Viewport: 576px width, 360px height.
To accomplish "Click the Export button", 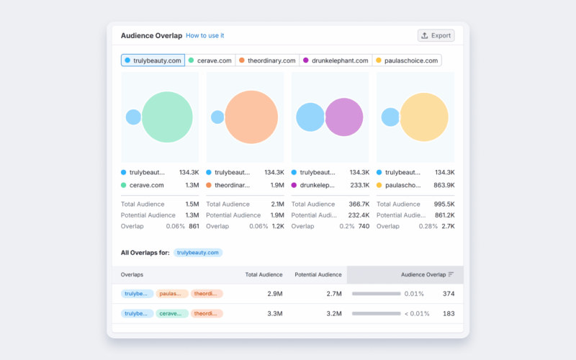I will tap(436, 35).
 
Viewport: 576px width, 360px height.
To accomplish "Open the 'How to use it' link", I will tap(204, 35).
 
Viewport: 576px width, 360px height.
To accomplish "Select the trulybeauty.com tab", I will tap(153, 60).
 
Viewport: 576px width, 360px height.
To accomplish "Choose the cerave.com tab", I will tap(210, 60).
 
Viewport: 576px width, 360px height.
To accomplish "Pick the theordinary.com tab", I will tap(267, 60).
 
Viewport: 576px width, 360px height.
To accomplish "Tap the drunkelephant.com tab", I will tap(336, 60).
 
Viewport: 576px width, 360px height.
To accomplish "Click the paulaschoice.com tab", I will tap(407, 60).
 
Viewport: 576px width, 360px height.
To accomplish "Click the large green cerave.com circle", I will tap(168, 117).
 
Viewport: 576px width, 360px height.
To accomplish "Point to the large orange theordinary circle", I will tap(251, 117).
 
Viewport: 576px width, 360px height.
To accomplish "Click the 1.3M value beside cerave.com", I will tap(192, 185).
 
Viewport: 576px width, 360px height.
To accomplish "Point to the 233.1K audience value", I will tap(359, 185).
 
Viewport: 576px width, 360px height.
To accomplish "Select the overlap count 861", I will tap(194, 226).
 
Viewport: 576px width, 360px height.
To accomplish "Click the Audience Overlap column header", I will tap(423, 274).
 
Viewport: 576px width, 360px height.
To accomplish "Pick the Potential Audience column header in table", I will tap(318, 274).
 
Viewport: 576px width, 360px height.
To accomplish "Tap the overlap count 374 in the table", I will tap(448, 294).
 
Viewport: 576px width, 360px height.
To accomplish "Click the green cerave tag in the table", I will tap(172, 313).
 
